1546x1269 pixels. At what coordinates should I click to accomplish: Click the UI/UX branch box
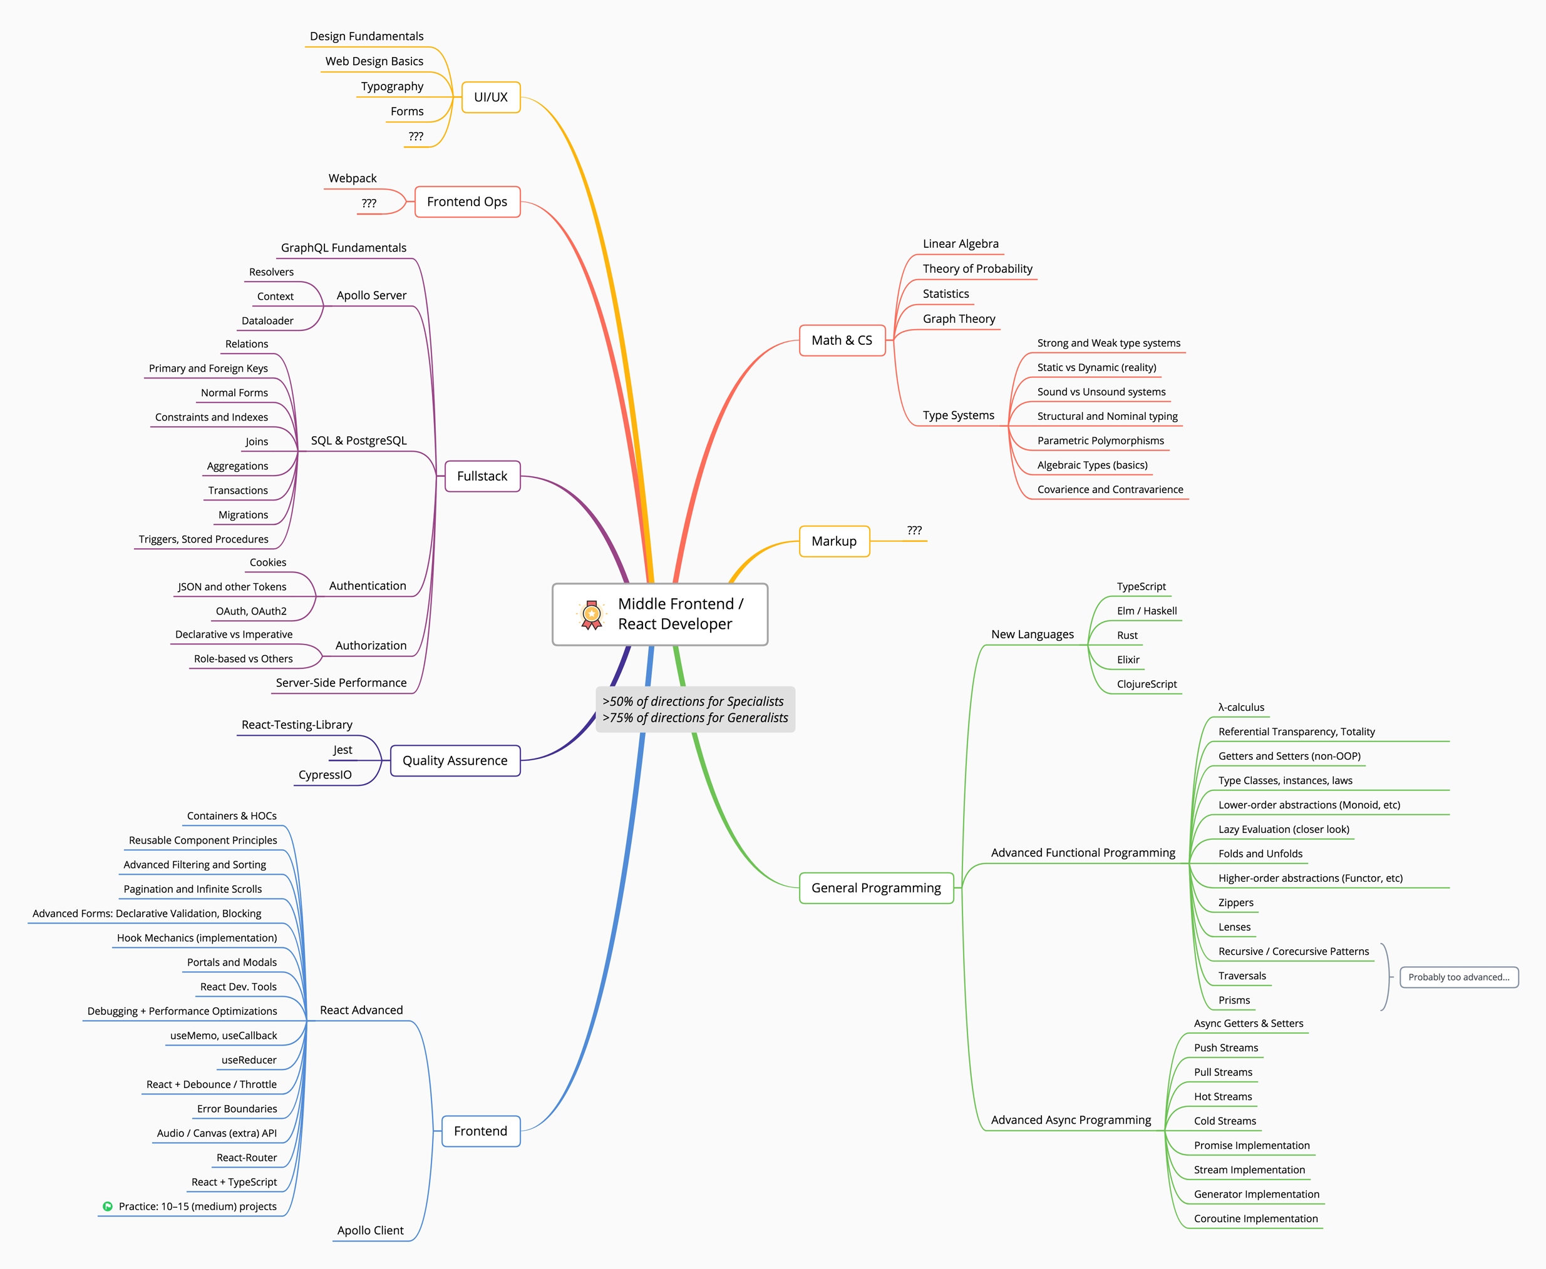pos(491,97)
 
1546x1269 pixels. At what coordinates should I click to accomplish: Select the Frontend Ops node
pos(467,201)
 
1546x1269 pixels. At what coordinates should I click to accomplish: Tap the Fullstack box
pos(482,476)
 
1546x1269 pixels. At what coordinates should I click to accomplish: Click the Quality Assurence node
pos(455,760)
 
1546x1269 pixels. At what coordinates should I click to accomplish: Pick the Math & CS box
pos(842,340)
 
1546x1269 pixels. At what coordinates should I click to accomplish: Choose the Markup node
pos(833,541)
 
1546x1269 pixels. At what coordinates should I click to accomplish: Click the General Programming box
pos(876,887)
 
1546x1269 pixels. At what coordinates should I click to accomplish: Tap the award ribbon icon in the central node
pos(592,614)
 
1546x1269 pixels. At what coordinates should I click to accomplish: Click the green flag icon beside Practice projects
pos(108,1206)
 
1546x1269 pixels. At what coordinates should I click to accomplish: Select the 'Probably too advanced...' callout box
pos(1458,977)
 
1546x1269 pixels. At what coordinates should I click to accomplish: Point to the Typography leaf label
pos(392,86)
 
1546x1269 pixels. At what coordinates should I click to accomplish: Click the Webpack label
pos(353,178)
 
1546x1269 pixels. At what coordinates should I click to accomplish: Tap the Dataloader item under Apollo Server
pos(267,321)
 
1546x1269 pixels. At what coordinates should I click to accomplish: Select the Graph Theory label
pos(959,319)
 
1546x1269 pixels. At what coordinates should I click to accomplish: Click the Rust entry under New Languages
pos(1127,635)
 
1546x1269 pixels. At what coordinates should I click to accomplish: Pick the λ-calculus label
pos(1241,708)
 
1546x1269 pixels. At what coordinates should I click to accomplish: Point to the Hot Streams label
pos(1223,1096)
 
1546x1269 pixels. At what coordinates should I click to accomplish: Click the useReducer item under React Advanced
pos(249,1060)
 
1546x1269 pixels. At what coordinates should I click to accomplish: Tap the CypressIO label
pos(325,775)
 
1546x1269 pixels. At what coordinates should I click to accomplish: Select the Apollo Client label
pos(370,1230)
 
